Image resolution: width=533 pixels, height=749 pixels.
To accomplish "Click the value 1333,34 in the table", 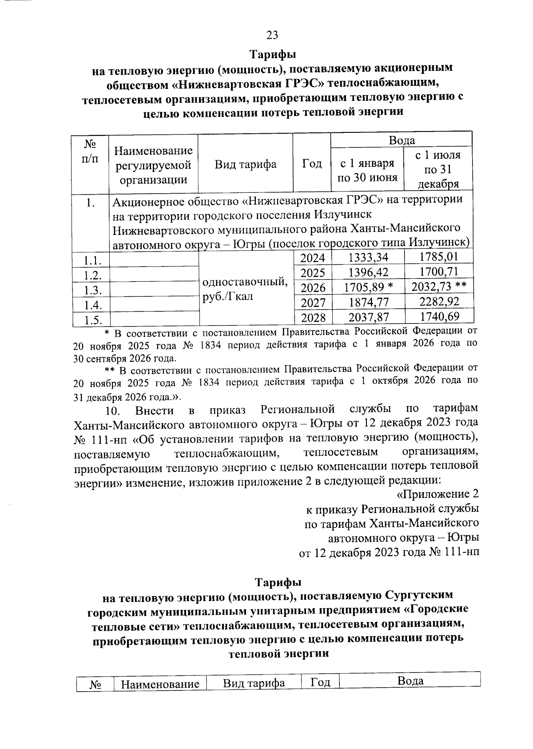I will tap(368, 257).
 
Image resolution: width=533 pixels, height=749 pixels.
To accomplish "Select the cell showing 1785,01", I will tap(438, 256).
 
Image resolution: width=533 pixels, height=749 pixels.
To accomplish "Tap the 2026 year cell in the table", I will tap(313, 288).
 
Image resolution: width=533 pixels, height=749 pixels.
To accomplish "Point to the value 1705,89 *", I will tap(368, 287).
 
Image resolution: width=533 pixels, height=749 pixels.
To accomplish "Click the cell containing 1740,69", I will tap(439, 316).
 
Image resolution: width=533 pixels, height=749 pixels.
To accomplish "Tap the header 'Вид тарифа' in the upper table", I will tap(245, 164).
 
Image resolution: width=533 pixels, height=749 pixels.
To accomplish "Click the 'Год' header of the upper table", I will tap(312, 164).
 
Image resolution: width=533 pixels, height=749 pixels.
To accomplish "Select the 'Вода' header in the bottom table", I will tap(410, 681).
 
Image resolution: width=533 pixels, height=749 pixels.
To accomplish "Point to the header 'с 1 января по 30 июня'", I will tap(367, 171).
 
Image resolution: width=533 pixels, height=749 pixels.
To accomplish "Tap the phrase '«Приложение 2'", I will tap(438, 494).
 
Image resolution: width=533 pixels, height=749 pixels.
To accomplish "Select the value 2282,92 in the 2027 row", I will tap(439, 302).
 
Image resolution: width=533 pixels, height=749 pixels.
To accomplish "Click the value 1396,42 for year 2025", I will tap(368, 272).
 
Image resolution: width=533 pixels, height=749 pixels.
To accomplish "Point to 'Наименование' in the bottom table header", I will tap(160, 684).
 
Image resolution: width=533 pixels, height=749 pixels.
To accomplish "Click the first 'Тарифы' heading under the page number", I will tap(272, 55).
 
